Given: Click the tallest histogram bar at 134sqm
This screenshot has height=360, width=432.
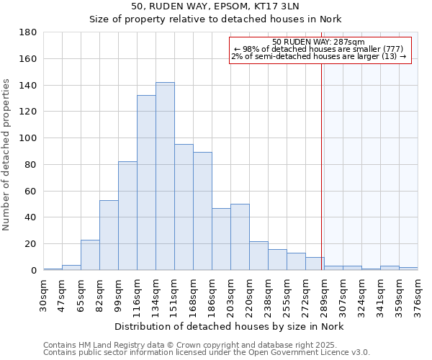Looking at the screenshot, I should tap(165, 176).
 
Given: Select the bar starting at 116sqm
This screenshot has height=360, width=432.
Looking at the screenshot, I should tap(146, 183).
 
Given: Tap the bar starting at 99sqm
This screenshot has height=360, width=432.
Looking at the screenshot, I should tap(127, 216).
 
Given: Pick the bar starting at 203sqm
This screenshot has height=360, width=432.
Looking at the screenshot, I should tap(240, 237).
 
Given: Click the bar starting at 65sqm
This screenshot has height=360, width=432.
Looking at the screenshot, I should tap(90, 255).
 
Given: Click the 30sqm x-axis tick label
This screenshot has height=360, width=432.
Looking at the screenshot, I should tap(44, 296).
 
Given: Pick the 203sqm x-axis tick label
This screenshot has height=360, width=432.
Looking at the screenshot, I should tap(231, 296).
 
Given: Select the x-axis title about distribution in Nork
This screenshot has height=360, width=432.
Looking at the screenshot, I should tap(230, 327).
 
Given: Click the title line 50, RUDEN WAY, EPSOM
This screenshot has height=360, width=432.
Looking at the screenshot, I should tap(215, 6).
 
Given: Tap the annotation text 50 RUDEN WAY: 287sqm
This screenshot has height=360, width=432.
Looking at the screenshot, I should tap(320, 42).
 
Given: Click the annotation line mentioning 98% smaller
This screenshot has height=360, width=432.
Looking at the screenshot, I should tap(319, 49).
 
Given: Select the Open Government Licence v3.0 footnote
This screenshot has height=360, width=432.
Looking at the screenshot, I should tap(207, 353).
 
